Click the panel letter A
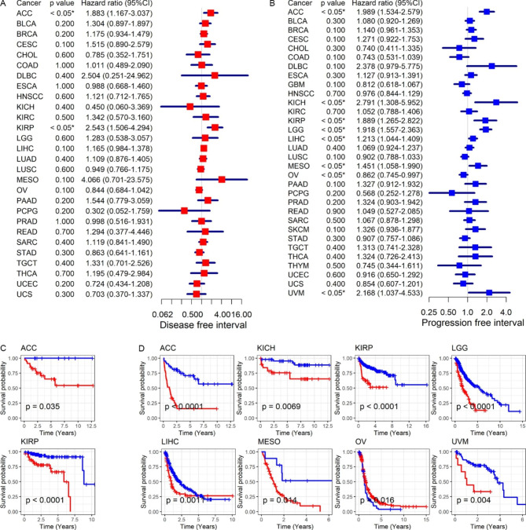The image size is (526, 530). [x=5, y=5]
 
